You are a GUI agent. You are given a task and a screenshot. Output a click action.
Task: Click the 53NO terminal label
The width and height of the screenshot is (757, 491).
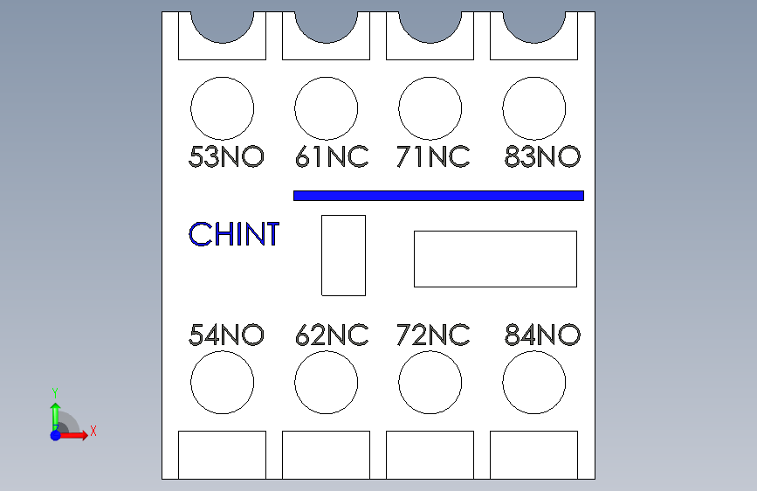pyautogui.click(x=226, y=157)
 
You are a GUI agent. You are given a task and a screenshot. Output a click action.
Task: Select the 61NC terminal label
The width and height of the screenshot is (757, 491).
pyautogui.click(x=332, y=157)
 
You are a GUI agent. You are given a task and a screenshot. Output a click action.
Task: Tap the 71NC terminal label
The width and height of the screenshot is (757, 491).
pyautogui.click(x=433, y=157)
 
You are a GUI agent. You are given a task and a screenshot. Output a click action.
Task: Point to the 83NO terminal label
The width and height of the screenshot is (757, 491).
pyautogui.click(x=542, y=157)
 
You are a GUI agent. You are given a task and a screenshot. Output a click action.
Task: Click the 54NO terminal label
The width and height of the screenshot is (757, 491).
pyautogui.click(x=226, y=335)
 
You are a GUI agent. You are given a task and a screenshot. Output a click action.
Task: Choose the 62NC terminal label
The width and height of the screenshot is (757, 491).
pyautogui.click(x=332, y=335)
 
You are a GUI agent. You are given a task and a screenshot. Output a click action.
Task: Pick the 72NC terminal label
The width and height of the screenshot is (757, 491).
pyautogui.click(x=433, y=335)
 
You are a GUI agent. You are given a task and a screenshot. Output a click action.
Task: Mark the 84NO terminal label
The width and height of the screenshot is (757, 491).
pyautogui.click(x=542, y=335)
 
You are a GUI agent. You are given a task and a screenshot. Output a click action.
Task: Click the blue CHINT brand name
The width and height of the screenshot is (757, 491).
pyautogui.click(x=234, y=234)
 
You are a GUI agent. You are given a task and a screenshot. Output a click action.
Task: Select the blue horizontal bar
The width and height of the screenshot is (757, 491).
pyautogui.click(x=438, y=196)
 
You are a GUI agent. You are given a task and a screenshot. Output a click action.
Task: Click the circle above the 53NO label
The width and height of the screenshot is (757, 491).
pyautogui.click(x=223, y=108)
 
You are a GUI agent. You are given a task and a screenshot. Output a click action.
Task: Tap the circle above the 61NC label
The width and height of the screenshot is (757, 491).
pyautogui.click(x=327, y=108)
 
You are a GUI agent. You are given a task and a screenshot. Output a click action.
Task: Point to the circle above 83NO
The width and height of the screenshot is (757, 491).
pyautogui.click(x=534, y=108)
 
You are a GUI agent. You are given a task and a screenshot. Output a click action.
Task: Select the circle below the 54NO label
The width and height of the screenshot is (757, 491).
pyautogui.click(x=223, y=383)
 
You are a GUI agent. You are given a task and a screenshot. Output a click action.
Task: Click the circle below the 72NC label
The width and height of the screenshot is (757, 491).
pyautogui.click(x=430, y=383)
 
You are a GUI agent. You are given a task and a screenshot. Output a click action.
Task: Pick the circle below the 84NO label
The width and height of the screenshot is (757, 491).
pyautogui.click(x=534, y=383)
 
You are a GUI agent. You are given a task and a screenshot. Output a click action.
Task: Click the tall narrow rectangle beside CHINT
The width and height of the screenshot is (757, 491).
pyautogui.click(x=344, y=255)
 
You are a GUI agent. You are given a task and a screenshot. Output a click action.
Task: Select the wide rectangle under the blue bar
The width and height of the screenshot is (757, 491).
pyautogui.click(x=495, y=259)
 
